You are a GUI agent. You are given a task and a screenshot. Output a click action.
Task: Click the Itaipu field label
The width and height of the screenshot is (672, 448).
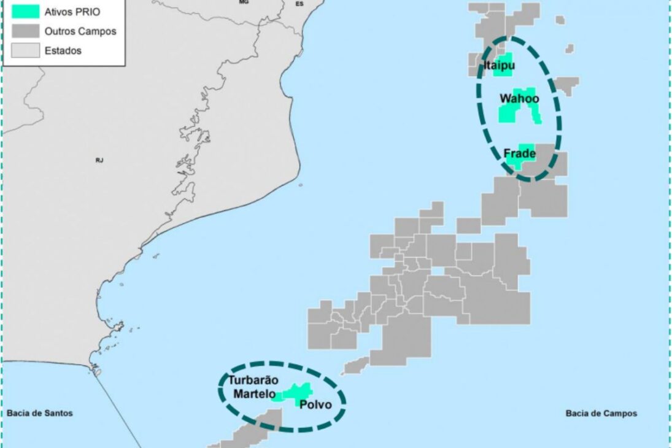click(x=499, y=65)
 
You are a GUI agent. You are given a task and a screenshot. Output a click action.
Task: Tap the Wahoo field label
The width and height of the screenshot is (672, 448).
click(x=519, y=98)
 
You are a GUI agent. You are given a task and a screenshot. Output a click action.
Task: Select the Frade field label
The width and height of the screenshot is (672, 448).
click(x=519, y=153)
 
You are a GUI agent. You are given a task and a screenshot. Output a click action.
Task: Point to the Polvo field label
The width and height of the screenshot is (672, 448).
click(x=315, y=404)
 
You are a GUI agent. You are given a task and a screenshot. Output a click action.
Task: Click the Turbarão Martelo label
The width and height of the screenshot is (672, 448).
click(x=253, y=387)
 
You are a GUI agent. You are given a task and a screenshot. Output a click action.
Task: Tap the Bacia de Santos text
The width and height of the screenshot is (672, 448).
click(x=40, y=413)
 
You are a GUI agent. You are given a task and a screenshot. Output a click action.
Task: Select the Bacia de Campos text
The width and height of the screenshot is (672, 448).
click(x=601, y=413)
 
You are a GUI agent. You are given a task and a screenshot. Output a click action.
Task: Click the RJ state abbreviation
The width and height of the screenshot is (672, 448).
click(x=99, y=160)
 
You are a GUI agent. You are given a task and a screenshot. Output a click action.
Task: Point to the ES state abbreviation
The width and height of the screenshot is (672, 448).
click(x=299, y=4)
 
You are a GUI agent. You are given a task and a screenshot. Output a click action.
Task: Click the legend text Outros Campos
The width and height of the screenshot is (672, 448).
click(x=80, y=31)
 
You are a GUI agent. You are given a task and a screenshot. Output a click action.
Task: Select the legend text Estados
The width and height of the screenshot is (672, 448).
click(x=63, y=50)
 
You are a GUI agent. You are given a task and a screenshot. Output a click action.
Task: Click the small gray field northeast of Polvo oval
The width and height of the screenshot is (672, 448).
click(x=356, y=366)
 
